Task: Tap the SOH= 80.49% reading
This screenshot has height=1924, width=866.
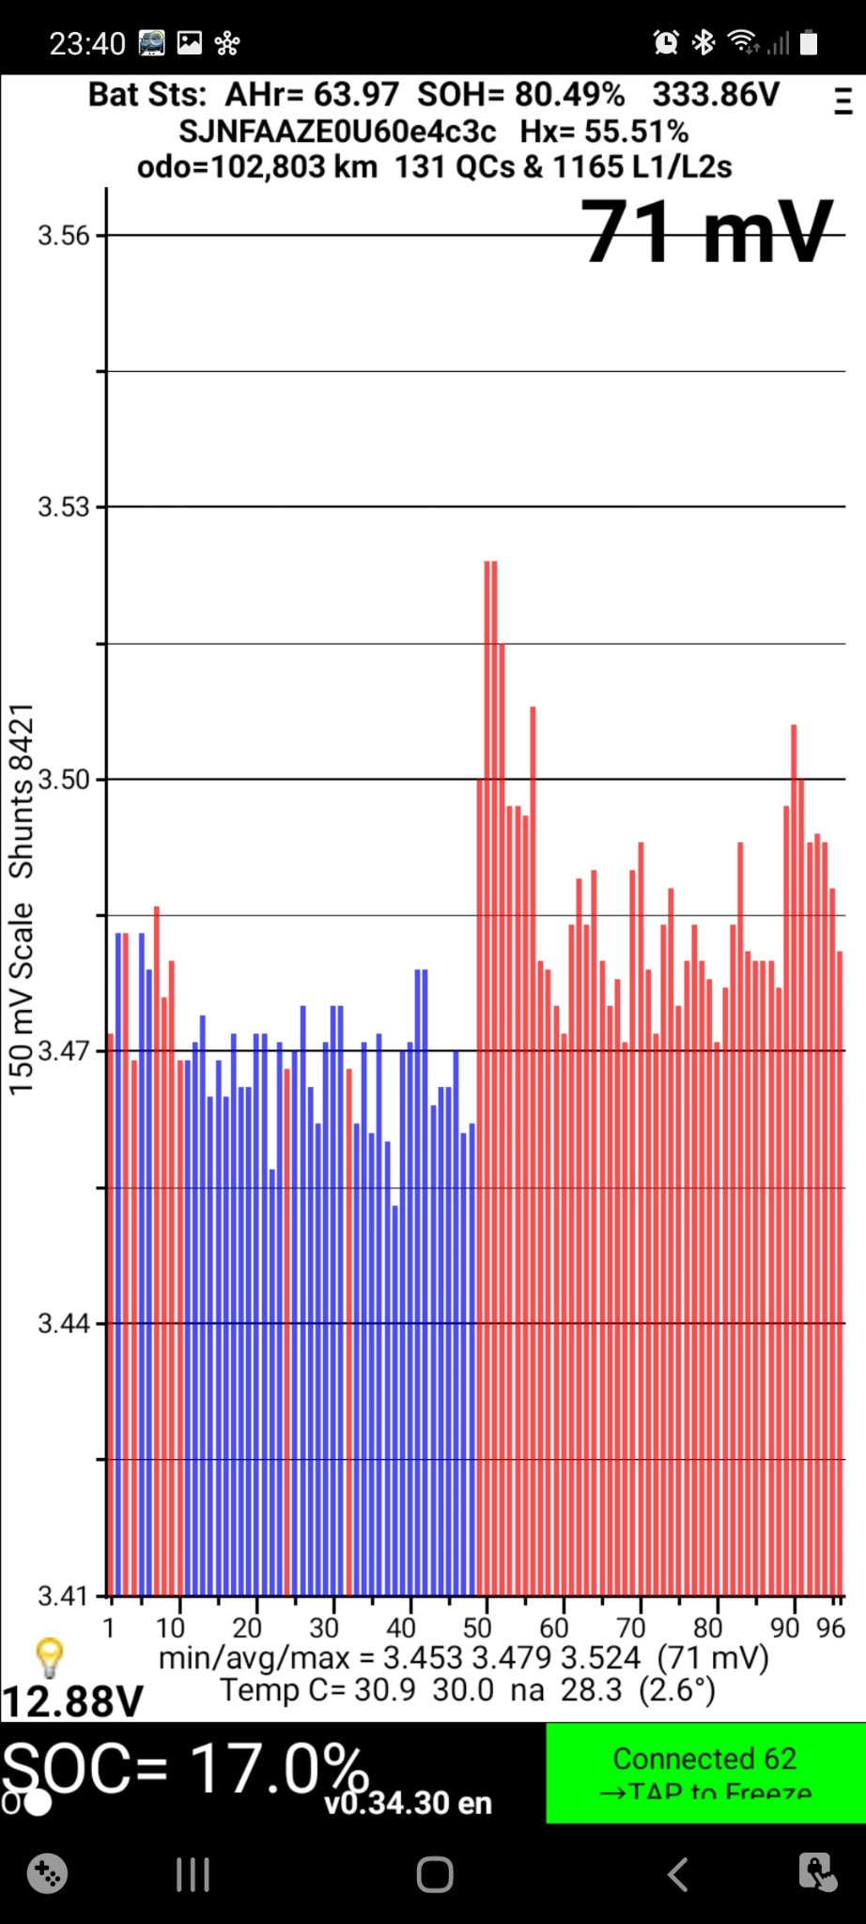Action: (x=520, y=95)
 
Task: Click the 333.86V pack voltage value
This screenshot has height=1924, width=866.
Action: (x=716, y=95)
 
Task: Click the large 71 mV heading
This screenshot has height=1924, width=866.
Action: (x=706, y=232)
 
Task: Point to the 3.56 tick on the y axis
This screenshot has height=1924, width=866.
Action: (x=64, y=236)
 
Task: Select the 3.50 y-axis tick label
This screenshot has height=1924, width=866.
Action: (x=64, y=780)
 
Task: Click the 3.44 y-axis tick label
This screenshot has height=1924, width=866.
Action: (x=64, y=1324)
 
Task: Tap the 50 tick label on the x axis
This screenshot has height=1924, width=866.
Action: (x=477, y=1627)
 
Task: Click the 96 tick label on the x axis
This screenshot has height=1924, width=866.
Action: (x=830, y=1627)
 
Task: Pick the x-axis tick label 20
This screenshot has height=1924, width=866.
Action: (x=246, y=1627)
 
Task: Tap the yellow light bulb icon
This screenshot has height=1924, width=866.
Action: (x=49, y=1657)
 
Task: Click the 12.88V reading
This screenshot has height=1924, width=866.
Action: (x=72, y=1701)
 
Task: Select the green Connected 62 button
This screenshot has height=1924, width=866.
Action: (x=705, y=1773)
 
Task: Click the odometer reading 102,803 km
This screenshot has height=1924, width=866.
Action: (x=257, y=167)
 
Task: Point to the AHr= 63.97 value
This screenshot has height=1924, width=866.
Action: (x=311, y=95)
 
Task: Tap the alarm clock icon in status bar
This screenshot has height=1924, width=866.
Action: (x=666, y=42)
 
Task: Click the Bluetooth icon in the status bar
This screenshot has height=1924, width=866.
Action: (x=703, y=42)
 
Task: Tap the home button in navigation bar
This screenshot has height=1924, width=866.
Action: (x=435, y=1874)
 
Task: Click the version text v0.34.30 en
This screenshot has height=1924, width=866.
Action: (x=408, y=1803)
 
